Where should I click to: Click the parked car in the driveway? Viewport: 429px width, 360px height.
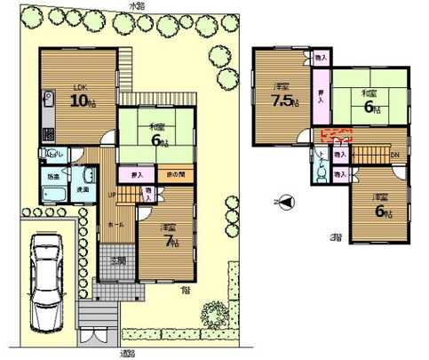coord(45,283)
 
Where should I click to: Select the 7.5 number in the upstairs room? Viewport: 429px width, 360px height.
coord(283,99)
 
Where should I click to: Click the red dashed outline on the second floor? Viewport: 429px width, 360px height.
coord(336,136)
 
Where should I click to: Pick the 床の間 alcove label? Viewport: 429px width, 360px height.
coord(175,175)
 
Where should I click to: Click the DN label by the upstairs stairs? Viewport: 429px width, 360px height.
coord(395,154)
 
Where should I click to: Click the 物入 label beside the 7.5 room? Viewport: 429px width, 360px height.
coord(322,58)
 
